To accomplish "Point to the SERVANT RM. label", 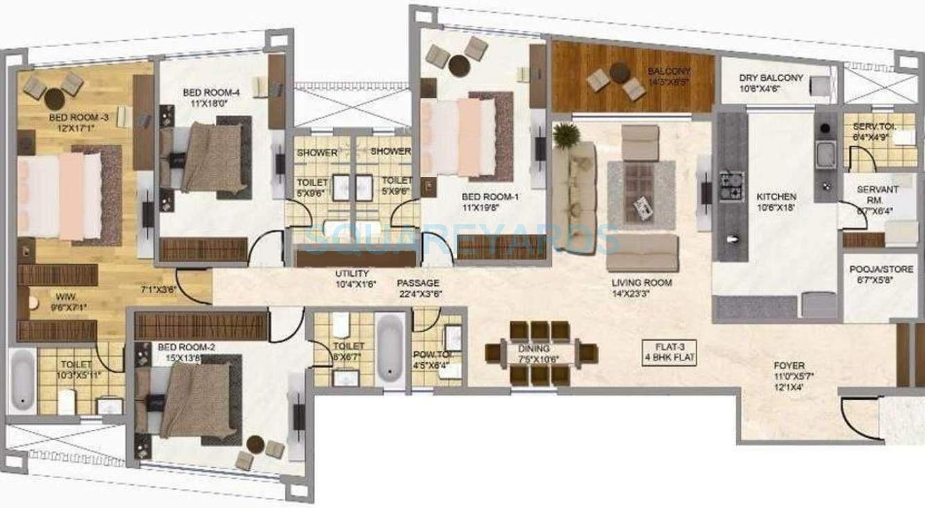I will point(868,194).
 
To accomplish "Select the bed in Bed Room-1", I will point(463,138).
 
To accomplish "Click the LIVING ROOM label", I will point(642,283).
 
